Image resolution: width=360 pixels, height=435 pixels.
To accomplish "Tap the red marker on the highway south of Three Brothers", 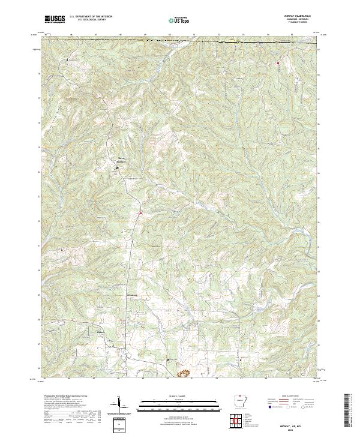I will (x=140, y=213).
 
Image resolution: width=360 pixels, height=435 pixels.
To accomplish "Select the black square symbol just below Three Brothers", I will (x=117, y=169).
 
